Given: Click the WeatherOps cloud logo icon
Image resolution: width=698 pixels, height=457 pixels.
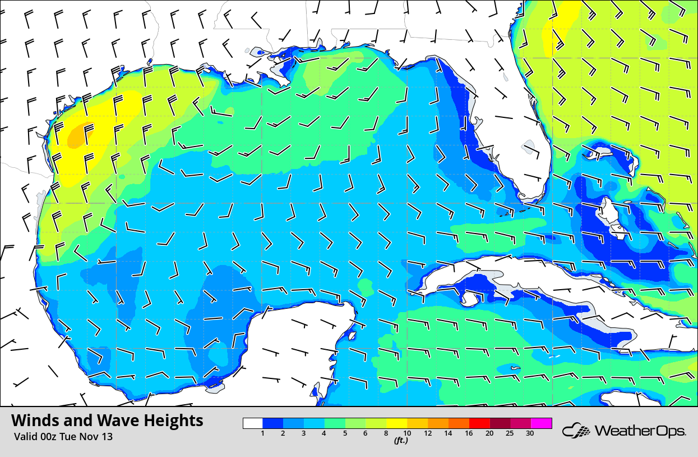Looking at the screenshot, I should click(576, 431).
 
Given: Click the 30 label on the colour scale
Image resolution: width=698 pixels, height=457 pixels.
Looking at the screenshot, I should click(530, 433).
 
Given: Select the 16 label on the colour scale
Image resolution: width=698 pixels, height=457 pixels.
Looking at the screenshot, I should click(469, 433).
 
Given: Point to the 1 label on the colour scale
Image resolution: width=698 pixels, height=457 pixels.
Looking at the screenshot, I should click(262, 433).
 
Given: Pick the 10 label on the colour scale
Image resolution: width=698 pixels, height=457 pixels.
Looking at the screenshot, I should click(407, 433).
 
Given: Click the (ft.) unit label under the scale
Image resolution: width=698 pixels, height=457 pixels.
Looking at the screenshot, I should click(400, 441).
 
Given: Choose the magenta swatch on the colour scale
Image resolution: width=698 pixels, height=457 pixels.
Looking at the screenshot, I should click(542, 423).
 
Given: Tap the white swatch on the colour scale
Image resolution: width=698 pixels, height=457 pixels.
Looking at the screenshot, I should click(253, 423).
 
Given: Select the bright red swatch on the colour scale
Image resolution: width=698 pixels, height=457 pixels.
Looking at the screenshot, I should click(479, 423).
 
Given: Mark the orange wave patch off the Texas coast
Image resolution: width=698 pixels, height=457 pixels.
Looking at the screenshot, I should click(78, 135).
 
